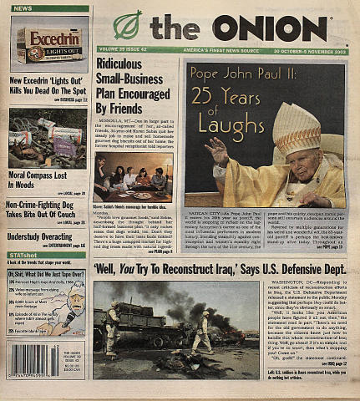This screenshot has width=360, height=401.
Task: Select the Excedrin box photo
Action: [50, 43]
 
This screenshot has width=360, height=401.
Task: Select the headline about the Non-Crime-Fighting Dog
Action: [47, 210]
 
